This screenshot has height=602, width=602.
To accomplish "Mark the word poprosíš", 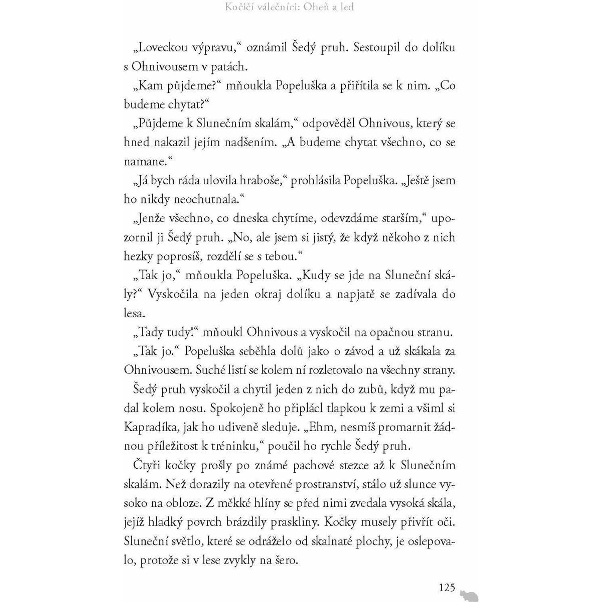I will coord(176,256).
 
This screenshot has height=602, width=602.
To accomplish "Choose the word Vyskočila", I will coord(172,294).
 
